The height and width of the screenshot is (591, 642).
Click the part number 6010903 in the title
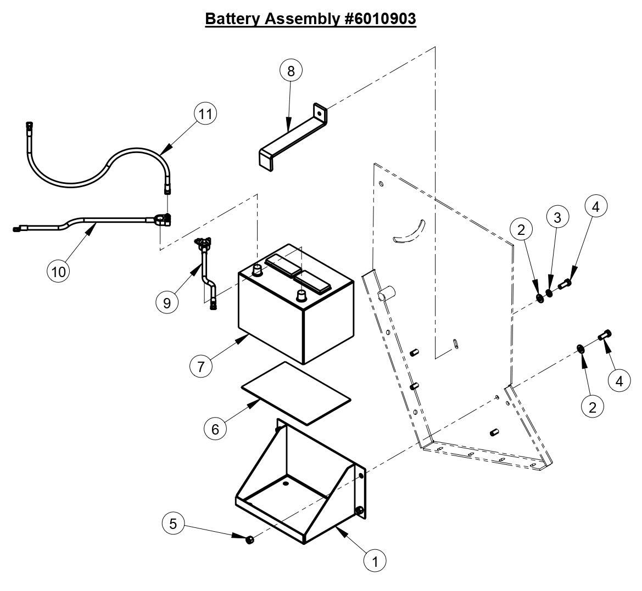click(x=379, y=18)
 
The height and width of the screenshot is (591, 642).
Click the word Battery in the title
click(x=233, y=18)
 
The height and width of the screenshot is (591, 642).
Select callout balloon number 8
click(x=291, y=71)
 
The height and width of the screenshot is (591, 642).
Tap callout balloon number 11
click(x=205, y=114)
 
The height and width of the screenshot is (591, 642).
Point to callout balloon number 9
click(x=167, y=302)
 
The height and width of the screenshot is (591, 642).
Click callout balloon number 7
click(x=202, y=366)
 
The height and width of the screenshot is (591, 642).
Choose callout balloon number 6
click(x=215, y=429)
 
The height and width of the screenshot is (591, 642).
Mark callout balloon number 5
click(x=174, y=524)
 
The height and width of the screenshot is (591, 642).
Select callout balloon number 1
click(x=376, y=561)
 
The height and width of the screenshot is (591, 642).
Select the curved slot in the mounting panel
click(x=410, y=231)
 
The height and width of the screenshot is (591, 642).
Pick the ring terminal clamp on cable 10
click(x=161, y=221)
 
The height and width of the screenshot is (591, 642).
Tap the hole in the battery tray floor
click(x=285, y=485)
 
